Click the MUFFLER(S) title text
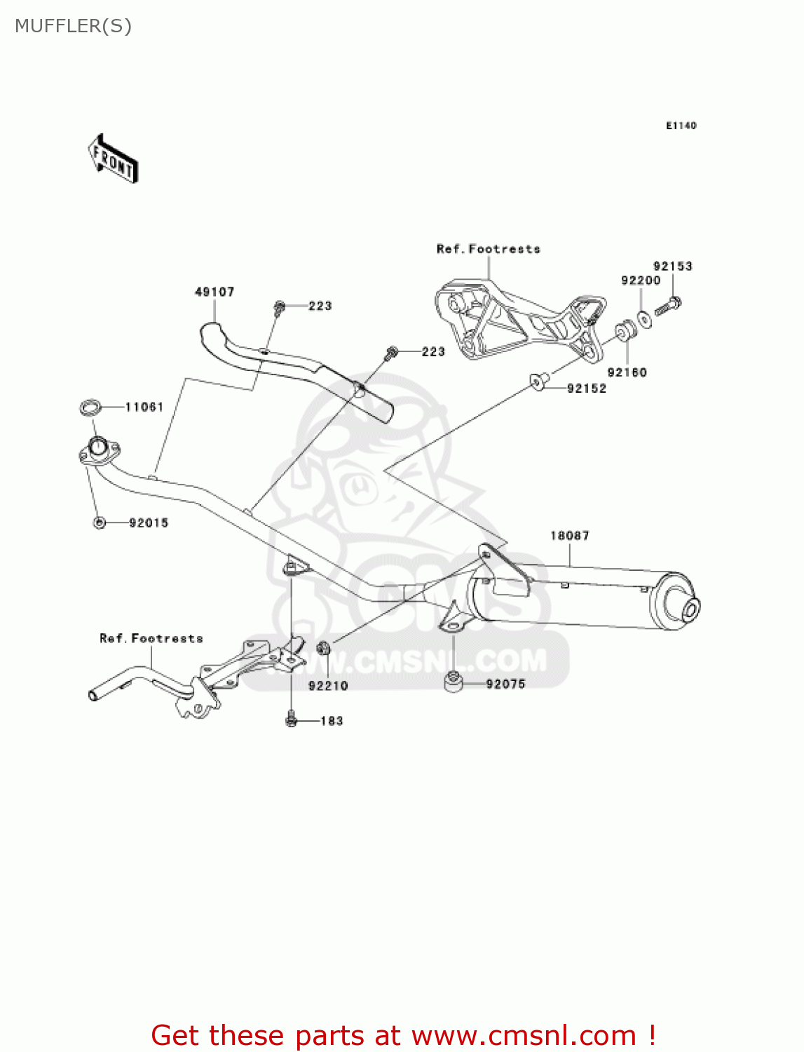click(73, 26)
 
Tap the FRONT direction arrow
click(113, 159)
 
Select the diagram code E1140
click(681, 126)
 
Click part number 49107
click(214, 292)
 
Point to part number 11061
click(144, 407)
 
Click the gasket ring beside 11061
click(90, 407)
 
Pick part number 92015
click(149, 522)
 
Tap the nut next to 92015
click(100, 522)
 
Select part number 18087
click(569, 536)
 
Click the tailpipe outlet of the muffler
click(690, 609)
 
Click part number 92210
click(328, 686)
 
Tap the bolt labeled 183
click(292, 720)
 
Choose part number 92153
click(672, 267)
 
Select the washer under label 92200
click(645, 318)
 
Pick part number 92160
click(627, 372)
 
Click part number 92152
click(587, 389)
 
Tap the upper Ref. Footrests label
click(488, 249)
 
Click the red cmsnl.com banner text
click(403, 1035)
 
